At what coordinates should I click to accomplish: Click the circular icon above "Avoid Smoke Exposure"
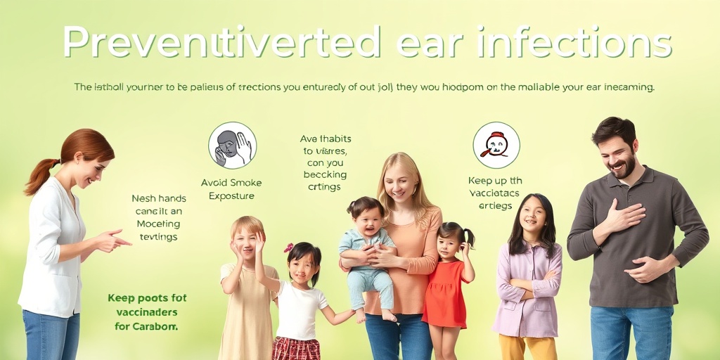tap(232, 146)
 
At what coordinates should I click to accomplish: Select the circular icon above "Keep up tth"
tap(496, 145)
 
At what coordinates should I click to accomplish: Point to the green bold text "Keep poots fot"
tap(147, 297)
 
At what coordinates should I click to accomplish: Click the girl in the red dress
tap(447, 288)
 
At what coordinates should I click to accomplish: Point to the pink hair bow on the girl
tap(288, 247)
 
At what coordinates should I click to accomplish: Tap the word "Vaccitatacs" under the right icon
tap(494, 193)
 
